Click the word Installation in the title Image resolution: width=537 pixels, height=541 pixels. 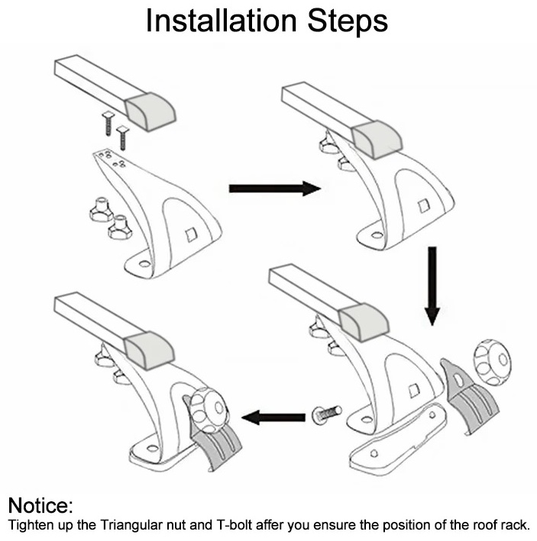click(x=222, y=21)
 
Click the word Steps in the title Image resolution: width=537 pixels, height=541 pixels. click(x=348, y=21)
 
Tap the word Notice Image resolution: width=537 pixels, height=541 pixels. click(x=40, y=505)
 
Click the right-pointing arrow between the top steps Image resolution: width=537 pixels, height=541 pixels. click(x=275, y=188)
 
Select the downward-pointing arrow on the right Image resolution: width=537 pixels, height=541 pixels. click(x=432, y=286)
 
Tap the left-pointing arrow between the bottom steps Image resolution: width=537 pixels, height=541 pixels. click(x=273, y=417)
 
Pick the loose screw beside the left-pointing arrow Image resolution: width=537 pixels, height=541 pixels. click(x=327, y=414)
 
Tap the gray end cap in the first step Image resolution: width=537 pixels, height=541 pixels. click(x=150, y=112)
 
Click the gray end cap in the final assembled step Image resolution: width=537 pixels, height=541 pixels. click(x=150, y=350)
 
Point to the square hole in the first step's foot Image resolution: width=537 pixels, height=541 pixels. click(x=190, y=235)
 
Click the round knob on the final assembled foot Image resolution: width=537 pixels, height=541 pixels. click(x=209, y=408)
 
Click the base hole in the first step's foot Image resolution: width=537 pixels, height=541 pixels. click(x=144, y=265)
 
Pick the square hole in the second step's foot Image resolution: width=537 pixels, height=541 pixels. click(x=423, y=206)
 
